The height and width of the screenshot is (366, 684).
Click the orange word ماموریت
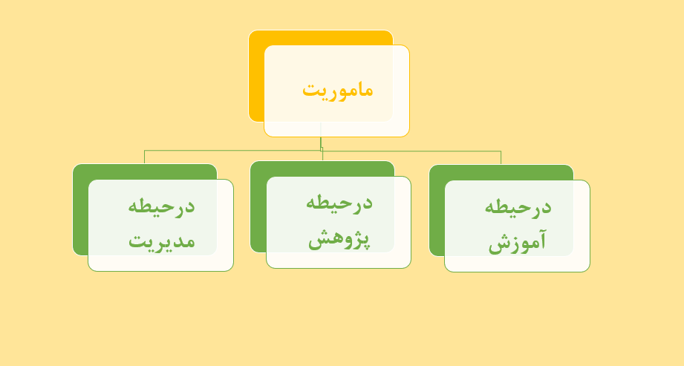tap(338, 91)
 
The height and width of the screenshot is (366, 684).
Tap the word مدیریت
tap(161, 241)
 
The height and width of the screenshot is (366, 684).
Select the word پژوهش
tap(339, 239)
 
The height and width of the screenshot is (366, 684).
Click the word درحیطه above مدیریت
tap(161, 206)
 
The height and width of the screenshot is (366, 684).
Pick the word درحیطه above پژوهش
tap(339, 203)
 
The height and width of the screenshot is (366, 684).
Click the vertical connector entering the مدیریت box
tap(144, 157)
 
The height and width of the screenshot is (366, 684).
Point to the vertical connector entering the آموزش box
tap(501, 158)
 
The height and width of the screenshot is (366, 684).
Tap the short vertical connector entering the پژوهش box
tap(322, 156)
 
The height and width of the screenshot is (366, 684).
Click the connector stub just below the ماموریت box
tap(321, 143)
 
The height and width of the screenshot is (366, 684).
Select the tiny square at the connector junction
tap(322, 149)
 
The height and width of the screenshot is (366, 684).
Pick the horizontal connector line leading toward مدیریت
tap(232, 151)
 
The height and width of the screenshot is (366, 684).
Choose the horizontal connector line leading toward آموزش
tap(411, 151)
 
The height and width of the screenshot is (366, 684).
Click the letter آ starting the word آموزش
tap(541, 240)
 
